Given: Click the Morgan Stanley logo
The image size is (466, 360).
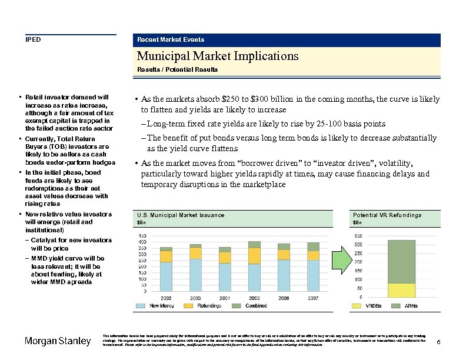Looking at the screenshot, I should click(58, 341).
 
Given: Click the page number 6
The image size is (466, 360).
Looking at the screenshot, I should click(440, 342).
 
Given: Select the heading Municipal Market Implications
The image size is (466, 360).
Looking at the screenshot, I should click(218, 56).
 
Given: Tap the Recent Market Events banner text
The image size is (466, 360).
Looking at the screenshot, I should click(171, 39).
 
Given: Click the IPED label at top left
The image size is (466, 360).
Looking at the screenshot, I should click(33, 39).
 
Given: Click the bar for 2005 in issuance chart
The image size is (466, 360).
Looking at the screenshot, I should click(254, 266).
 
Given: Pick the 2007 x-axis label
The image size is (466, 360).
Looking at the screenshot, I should click(313, 298).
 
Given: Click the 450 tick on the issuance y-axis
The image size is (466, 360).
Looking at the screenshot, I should click(142, 236).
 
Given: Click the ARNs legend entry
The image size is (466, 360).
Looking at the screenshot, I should click(405, 306).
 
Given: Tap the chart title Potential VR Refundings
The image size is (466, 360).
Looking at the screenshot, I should click(387, 215).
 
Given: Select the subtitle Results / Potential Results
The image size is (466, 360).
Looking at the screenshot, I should click(177, 69).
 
